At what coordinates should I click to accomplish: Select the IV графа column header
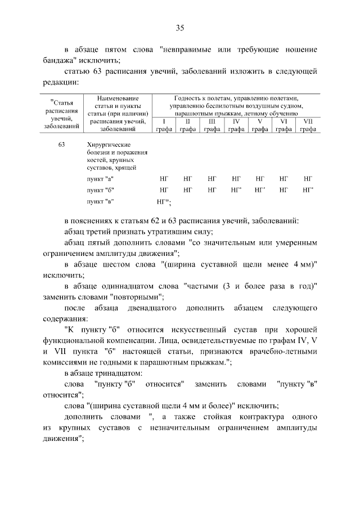(237, 125)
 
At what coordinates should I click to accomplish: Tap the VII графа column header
(308, 125)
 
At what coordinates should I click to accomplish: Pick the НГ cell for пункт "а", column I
(164, 178)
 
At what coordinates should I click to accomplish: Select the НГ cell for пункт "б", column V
(260, 190)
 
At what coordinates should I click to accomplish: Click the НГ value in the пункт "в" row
(164, 201)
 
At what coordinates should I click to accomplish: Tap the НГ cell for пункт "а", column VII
(308, 178)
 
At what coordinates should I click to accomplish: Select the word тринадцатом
(119, 373)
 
